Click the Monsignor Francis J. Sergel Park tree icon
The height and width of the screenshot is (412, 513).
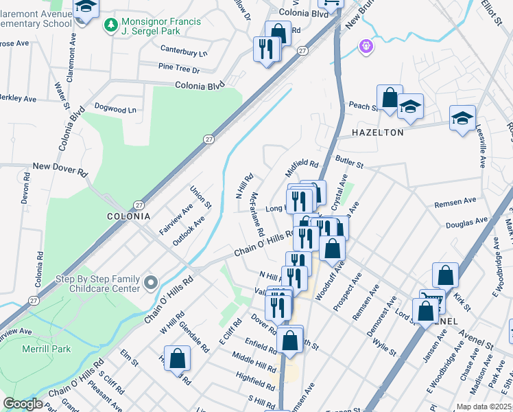(x=110, y=25)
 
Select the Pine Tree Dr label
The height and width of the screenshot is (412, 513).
(x=178, y=69)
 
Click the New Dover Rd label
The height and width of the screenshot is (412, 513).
(x=60, y=168)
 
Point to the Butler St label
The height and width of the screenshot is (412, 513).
(x=349, y=162)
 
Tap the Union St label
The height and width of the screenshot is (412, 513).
(x=200, y=197)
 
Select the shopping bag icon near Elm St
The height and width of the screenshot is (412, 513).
(x=177, y=358)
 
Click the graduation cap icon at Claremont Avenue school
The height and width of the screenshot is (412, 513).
(x=86, y=8)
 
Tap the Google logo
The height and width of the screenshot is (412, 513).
(x=22, y=404)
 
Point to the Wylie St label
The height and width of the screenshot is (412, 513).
(x=385, y=345)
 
